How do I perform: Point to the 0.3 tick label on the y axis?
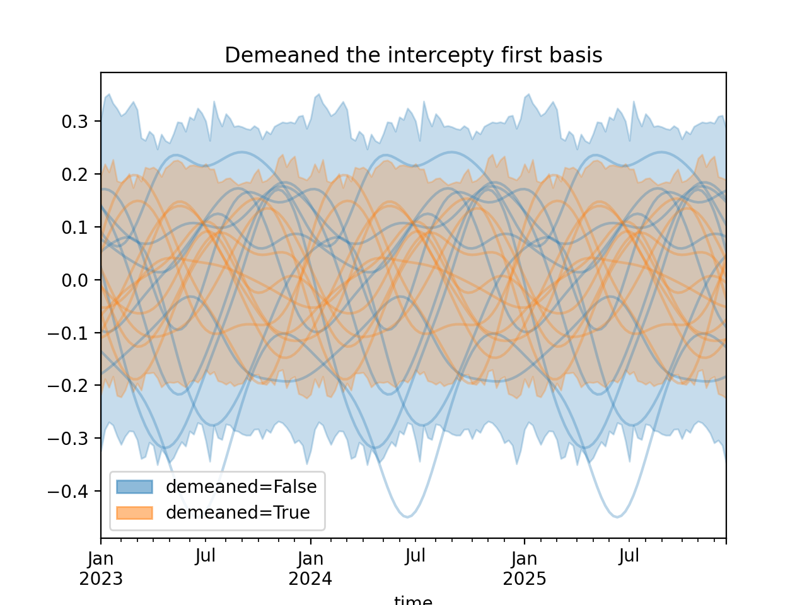point(74,122)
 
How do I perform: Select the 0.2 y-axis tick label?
point(74,175)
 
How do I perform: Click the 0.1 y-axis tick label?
point(74,228)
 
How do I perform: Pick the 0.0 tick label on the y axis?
point(74,280)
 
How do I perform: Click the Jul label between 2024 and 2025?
point(415,556)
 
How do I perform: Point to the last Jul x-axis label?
point(629,556)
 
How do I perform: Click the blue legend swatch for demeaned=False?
point(134,487)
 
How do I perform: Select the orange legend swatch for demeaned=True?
point(134,513)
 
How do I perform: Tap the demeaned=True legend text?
point(238,513)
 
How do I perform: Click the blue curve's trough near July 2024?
point(408,517)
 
